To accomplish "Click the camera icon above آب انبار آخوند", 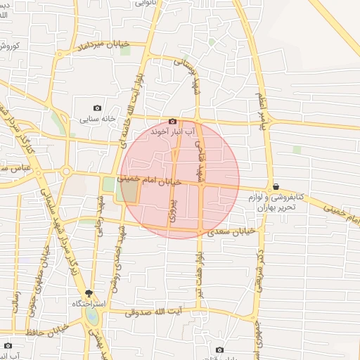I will [172, 121].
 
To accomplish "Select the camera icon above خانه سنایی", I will [97, 108].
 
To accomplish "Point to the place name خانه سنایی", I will [98, 119].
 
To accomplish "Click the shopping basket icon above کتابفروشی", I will [276, 186].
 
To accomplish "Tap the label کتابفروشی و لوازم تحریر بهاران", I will [276, 202].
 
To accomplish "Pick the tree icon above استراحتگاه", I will [89, 292].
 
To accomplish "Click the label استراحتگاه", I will [89, 304].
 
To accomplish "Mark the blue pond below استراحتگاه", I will [92, 319].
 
